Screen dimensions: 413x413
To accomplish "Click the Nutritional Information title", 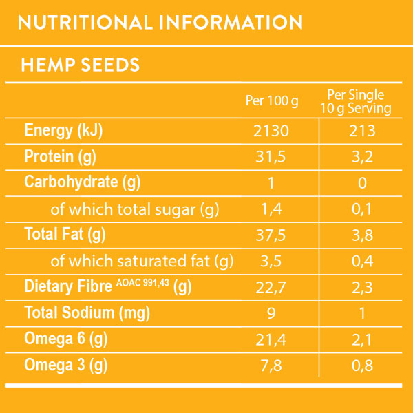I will tap(160, 23).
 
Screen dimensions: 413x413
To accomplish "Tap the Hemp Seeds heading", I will tap(81, 65).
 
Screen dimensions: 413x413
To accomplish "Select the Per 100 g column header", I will tap(272, 101).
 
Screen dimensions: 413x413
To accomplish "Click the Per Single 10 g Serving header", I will tap(356, 101).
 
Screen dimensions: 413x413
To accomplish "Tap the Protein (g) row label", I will tap(60, 157).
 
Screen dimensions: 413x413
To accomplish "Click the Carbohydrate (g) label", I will tap(83, 182).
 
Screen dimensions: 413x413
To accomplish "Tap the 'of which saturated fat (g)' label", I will tap(142, 261).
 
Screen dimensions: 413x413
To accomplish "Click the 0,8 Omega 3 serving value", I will tap(362, 364).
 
